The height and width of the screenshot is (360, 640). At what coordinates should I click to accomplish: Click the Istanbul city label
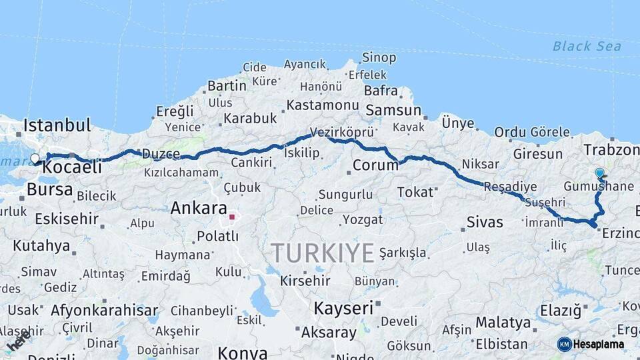coord(57,125)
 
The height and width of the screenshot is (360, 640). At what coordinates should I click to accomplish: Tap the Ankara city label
coord(199,208)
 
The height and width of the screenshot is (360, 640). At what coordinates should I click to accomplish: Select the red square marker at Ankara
coord(232,217)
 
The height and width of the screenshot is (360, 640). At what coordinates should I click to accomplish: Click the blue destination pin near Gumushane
coord(599,173)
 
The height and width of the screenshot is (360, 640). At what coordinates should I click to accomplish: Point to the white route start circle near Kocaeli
coord(35,159)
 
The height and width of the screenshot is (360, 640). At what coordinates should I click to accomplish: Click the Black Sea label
coord(587,46)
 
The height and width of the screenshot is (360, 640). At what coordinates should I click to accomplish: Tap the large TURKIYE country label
coord(323,253)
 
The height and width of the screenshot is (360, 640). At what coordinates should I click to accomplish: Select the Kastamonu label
coord(323,105)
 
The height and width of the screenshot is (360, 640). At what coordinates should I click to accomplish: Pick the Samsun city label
coord(393,110)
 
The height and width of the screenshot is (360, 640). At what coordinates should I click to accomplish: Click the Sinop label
coord(379,58)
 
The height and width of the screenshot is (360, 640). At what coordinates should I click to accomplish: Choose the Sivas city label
coord(485,222)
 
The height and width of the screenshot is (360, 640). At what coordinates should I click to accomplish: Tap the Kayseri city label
coord(343,308)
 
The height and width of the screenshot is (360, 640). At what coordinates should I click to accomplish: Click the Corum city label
coord(375,165)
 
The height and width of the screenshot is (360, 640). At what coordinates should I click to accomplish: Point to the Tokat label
coord(415,192)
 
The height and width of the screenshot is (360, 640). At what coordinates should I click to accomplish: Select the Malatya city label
coord(503,323)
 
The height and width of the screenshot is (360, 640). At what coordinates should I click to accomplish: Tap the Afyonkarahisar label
coord(104,310)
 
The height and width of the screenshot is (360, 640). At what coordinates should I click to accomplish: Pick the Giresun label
coord(538,154)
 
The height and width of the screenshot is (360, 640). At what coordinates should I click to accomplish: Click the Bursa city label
coord(50,189)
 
